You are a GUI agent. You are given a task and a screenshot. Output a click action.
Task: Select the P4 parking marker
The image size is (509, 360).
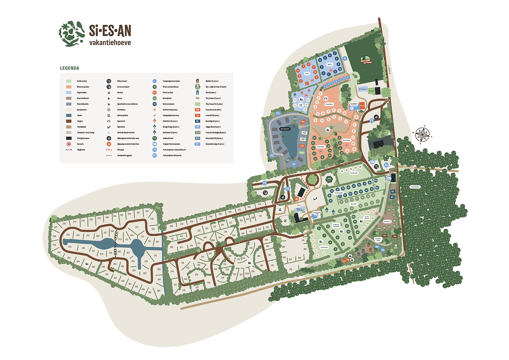[386, 165]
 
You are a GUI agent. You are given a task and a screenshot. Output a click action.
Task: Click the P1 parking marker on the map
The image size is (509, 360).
[372, 121]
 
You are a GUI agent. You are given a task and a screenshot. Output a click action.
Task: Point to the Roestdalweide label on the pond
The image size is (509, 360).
[285, 129]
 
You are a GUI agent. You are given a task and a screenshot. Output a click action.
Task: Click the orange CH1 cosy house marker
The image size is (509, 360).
[303, 121]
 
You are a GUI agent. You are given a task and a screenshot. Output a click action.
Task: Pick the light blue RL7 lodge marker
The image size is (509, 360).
[294, 164]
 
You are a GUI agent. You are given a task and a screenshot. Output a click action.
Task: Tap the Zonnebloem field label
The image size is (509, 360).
[329, 104]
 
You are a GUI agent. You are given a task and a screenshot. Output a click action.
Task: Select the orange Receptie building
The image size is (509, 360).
[362, 106]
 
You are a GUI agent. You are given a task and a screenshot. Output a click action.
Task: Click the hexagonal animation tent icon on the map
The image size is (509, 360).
[329, 180]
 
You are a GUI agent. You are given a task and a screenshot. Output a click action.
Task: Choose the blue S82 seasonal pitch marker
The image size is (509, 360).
[376, 181]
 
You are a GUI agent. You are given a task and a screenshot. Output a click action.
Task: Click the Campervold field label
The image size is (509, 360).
[354, 173]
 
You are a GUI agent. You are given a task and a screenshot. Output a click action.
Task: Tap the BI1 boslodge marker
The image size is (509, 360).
[392, 192]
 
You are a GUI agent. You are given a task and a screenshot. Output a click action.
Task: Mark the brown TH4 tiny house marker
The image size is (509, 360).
[395, 236]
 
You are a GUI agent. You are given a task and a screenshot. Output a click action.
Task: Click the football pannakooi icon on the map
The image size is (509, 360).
[285, 221]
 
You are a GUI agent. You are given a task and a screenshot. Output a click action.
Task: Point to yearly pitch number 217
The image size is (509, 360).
[138, 213]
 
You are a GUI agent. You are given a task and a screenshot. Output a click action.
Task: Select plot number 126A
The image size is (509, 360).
[213, 240]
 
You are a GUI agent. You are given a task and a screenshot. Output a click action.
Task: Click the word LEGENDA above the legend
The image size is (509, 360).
[69, 68]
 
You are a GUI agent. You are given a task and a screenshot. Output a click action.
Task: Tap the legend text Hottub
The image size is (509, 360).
[120, 93]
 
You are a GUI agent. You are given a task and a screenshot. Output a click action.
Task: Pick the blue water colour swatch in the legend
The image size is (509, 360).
[69, 115]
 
